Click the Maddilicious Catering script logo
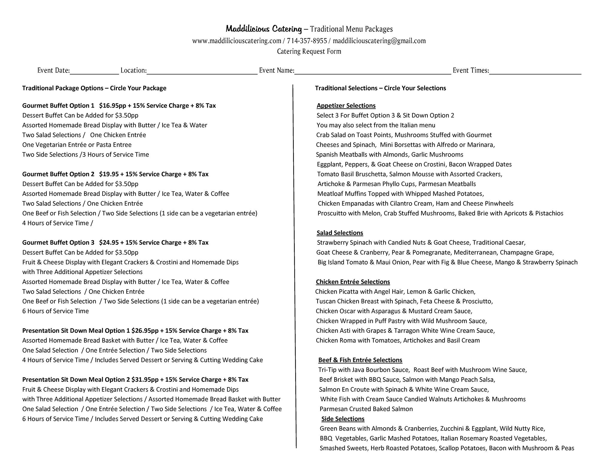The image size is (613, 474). [x=264, y=29]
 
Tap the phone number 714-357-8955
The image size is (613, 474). [x=307, y=41]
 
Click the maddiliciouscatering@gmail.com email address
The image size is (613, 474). [x=379, y=41]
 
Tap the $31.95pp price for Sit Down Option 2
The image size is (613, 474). [x=145, y=380]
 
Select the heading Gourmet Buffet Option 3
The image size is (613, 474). [x=58, y=242]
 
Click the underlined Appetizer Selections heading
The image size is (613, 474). [x=346, y=105]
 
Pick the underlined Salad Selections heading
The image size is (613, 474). [x=340, y=233]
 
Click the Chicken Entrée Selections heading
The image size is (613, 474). [x=353, y=282]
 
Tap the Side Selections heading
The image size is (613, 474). [x=343, y=419]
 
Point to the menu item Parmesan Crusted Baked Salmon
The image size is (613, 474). [x=366, y=409]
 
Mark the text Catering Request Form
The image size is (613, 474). [x=309, y=52]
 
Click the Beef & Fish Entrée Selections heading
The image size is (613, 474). [x=360, y=360]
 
